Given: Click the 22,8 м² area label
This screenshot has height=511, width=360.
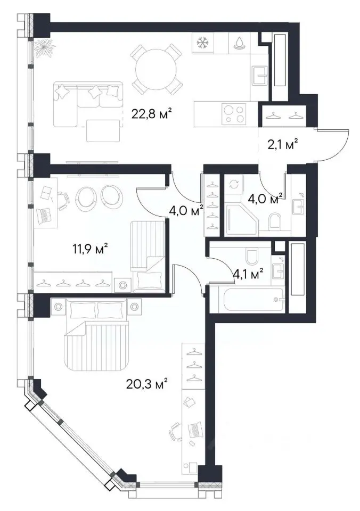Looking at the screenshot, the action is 152,114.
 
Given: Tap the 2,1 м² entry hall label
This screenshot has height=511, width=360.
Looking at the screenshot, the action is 283,144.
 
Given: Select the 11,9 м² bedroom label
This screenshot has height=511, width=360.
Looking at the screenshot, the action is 90,250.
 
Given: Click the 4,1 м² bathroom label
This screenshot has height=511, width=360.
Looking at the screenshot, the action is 248,274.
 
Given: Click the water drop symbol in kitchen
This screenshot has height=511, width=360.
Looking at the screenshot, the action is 239,43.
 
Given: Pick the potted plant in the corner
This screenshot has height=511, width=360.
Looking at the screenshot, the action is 43,48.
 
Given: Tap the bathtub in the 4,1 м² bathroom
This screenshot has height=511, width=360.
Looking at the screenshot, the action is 255,300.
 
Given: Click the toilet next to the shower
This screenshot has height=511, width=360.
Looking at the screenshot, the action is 275,221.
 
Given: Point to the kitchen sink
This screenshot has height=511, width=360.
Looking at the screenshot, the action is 260,76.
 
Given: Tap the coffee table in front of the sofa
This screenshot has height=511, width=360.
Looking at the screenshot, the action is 103,131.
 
